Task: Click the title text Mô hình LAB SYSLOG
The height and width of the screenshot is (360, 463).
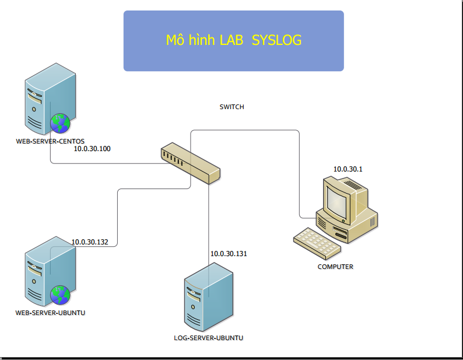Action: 234,40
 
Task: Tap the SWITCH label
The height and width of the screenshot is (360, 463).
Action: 232,107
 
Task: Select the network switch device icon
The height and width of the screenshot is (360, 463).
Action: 191,163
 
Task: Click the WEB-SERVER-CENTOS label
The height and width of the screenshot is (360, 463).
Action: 50,141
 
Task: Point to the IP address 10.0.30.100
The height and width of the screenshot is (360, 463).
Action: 92,149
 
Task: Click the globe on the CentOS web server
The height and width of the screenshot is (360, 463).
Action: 60,124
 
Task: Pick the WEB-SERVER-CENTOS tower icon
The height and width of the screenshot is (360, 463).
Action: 50,99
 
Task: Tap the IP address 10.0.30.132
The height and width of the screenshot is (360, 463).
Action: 90,242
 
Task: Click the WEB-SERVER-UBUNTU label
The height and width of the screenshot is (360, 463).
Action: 50,313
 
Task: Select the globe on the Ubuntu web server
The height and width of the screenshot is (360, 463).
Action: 60,295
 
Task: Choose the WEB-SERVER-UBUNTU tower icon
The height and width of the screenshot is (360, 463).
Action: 50,271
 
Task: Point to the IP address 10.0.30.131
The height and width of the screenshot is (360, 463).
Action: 229,254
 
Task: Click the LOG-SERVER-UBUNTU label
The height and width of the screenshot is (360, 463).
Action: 209,338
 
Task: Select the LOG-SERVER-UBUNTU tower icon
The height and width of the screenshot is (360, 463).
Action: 209,297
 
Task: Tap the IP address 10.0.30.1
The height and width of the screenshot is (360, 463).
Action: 348,169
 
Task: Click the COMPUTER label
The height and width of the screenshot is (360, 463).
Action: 335,267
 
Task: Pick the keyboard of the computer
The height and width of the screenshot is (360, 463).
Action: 317,243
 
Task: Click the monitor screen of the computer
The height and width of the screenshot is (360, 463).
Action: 336,204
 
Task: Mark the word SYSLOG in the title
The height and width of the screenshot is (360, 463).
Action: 276,40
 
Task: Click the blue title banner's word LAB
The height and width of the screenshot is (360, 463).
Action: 231,40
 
